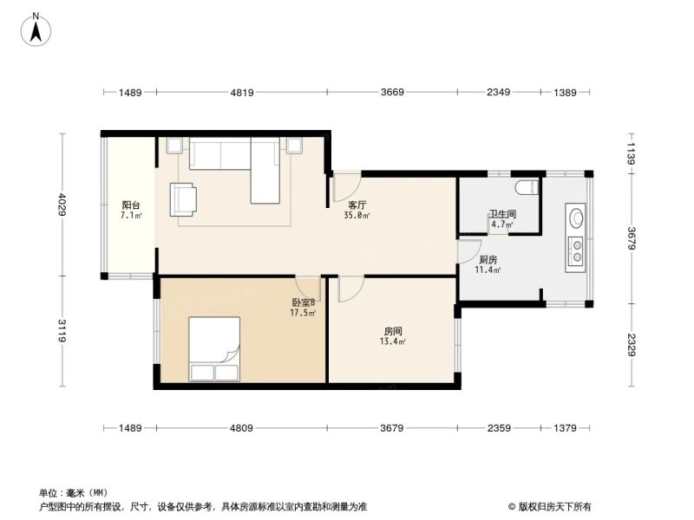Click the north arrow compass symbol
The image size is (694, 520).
coord(36,30)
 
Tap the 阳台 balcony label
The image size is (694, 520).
coord(131,205)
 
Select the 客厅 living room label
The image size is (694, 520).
coord(357,205)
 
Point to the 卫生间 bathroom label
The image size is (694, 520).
coord(503,214)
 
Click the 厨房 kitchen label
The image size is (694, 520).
coord(488,260)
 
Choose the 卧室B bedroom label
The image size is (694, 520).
coord(303,302)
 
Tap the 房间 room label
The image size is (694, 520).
coord(393,331)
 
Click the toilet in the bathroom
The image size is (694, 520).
coord(527,187)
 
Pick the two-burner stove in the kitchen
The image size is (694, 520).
coord(576,250)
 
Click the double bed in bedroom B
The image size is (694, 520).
coord(214,349)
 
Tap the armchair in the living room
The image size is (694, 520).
coord(183,200)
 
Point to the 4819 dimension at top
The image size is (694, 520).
coord(242,93)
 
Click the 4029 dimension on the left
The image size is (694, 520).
coord(62,205)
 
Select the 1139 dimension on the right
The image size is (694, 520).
coord(632,153)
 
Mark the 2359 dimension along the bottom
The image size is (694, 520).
coord(499,428)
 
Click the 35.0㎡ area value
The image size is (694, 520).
coord(357,215)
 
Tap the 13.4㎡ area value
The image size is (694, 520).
coord(393,341)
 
